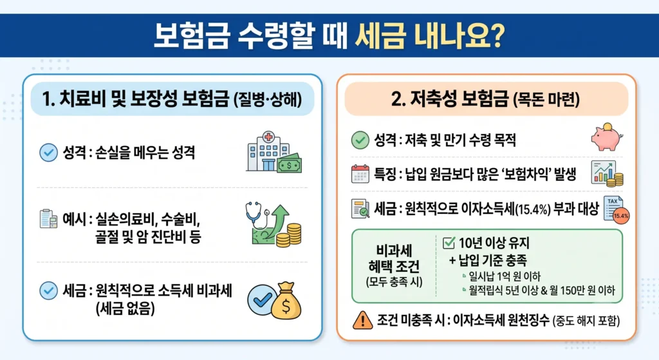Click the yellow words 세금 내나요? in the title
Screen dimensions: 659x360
coord(429,35)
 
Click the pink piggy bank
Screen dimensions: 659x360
coord(606,137)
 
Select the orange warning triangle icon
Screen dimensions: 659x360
coord(362,321)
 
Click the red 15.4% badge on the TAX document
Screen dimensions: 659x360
coord(621,216)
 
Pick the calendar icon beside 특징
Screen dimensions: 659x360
coord(360,174)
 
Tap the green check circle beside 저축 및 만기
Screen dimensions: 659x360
coord(360,140)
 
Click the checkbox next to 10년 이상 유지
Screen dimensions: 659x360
coord(449,242)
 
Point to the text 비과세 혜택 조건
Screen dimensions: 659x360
coord(394,258)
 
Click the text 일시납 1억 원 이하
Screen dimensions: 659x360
coord(505,276)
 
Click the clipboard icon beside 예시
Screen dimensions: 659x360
coord(48,219)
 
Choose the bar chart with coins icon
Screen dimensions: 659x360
coord(607,173)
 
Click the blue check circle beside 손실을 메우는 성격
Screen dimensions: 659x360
coord(48,152)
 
